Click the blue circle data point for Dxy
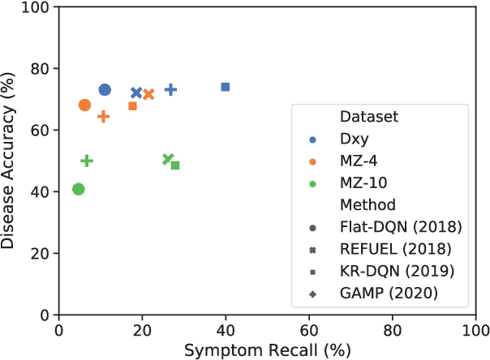tap(105, 90)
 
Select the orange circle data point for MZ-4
tap(84, 105)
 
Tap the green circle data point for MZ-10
tap(79, 189)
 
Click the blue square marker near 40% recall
tap(226, 87)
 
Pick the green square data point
tap(175, 165)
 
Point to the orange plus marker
tap(104, 117)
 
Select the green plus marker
tap(87, 161)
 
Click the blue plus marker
tap(170, 89)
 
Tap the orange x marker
tap(148, 95)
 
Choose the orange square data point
tap(133, 106)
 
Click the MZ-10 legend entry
tap(362, 182)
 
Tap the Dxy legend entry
tap(352, 139)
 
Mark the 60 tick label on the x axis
tap(309, 331)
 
